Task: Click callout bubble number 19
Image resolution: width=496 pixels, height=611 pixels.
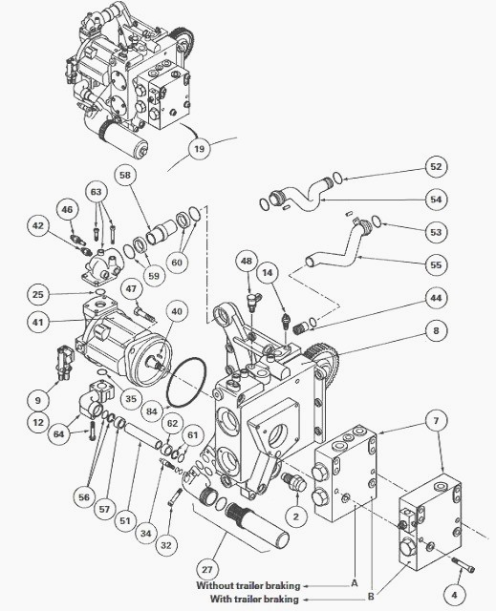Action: click(x=197, y=148)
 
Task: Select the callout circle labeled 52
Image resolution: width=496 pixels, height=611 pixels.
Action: click(x=436, y=167)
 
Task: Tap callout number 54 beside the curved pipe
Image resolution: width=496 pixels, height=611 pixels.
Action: click(x=436, y=199)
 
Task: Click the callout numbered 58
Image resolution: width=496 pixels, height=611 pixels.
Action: click(x=125, y=175)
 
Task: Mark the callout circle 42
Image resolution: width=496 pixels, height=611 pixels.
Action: click(x=37, y=226)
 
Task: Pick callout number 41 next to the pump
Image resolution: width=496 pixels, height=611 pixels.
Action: click(x=37, y=323)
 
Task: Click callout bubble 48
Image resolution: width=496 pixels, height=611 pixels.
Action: click(x=247, y=261)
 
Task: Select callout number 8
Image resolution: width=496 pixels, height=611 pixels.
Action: click(x=436, y=331)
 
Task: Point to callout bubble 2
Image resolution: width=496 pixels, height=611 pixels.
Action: click(x=296, y=516)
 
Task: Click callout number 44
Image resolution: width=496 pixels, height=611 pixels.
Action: click(x=436, y=298)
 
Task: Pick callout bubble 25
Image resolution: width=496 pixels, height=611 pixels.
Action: click(x=37, y=293)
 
